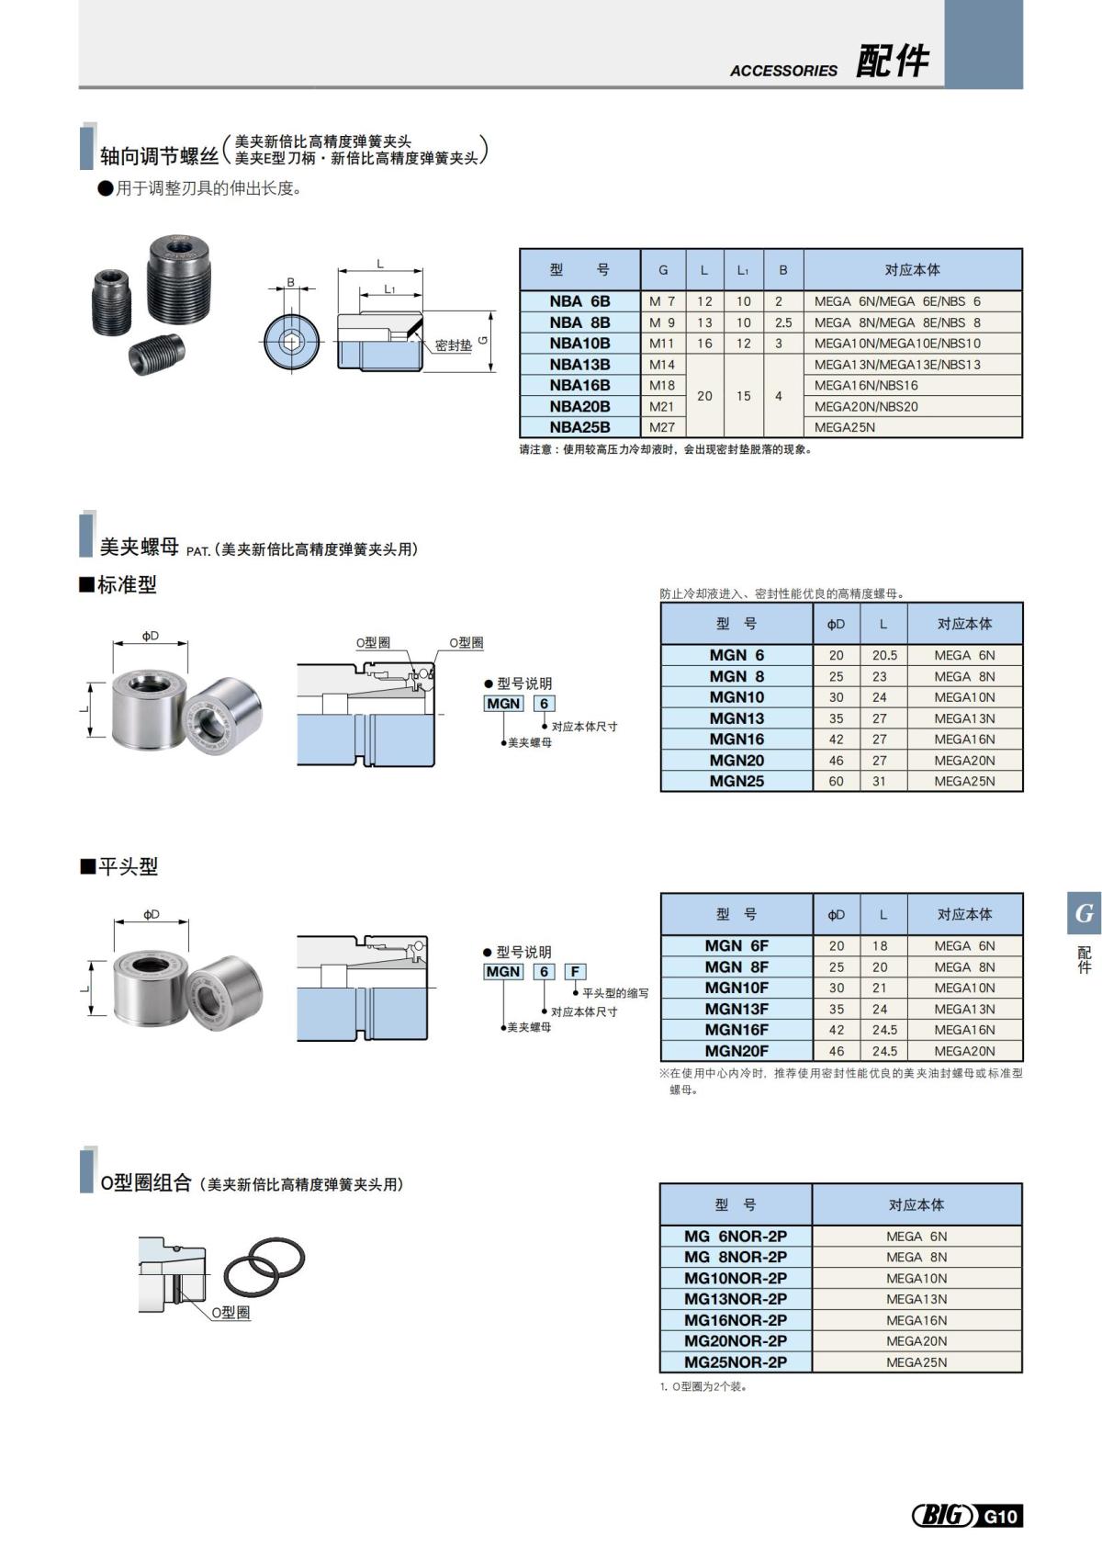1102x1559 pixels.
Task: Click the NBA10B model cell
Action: [x=579, y=344]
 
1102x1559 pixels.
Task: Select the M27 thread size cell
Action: [x=662, y=427]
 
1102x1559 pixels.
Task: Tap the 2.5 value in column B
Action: [x=782, y=322]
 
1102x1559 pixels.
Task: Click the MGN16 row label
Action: [x=737, y=740]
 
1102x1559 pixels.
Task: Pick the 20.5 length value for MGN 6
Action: [x=884, y=656]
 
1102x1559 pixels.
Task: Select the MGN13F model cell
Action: [x=737, y=1009]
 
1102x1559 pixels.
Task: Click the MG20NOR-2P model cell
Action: [x=735, y=1341]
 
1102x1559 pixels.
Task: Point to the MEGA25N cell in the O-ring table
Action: [x=916, y=1362]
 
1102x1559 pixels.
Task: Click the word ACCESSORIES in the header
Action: [x=783, y=71]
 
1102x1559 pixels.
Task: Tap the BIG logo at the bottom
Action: [x=942, y=1515]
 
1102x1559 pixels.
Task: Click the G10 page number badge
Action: [x=1000, y=1516]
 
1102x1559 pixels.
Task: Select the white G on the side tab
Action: [x=1085, y=914]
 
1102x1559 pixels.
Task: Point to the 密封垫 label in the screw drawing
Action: [x=453, y=345]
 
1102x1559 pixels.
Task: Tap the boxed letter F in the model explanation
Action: [x=575, y=971]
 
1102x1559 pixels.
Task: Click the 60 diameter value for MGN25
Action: [x=836, y=782]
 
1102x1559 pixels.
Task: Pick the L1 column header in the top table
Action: [x=743, y=270]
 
